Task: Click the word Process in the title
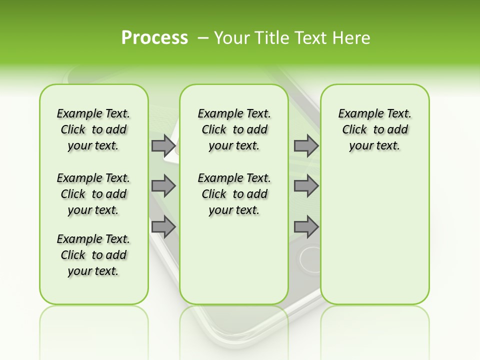[154, 38]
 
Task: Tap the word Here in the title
[350, 38]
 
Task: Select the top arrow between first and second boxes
[163, 146]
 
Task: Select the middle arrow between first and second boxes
[163, 186]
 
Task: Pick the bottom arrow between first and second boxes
[163, 227]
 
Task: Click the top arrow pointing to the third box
[306, 146]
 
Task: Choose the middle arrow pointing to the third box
[306, 186]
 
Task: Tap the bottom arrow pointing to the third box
[306, 227]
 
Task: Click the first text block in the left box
[93, 129]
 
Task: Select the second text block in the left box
[93, 194]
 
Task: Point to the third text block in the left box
[93, 255]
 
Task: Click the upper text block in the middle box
[234, 129]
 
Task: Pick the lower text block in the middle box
[234, 194]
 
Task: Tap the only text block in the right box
[374, 129]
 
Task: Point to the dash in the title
[203, 38]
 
